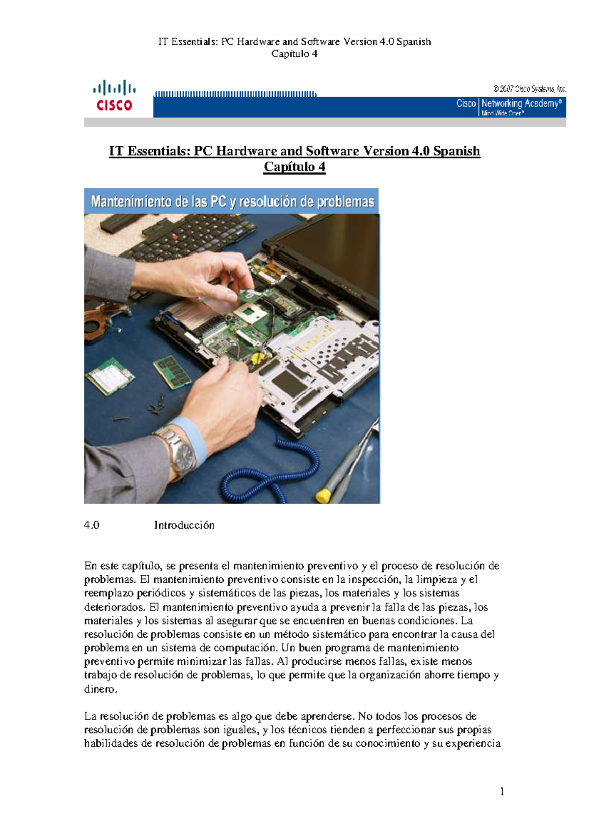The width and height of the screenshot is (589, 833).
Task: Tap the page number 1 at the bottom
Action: point(502,791)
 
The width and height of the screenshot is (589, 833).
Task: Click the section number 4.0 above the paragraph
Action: point(92,525)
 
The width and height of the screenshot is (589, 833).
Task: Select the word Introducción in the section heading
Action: point(184,525)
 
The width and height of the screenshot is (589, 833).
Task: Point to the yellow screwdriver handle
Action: point(323,495)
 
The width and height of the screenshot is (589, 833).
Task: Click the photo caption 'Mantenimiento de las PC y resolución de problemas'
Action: point(232,202)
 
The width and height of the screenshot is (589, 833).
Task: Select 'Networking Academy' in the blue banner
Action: point(521,104)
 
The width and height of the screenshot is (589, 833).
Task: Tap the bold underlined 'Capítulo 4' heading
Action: point(294,167)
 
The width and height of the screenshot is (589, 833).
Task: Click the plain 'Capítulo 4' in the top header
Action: point(294,54)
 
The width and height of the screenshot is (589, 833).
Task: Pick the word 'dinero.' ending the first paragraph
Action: point(101,689)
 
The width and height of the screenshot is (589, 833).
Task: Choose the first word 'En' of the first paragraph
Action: point(91,566)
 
